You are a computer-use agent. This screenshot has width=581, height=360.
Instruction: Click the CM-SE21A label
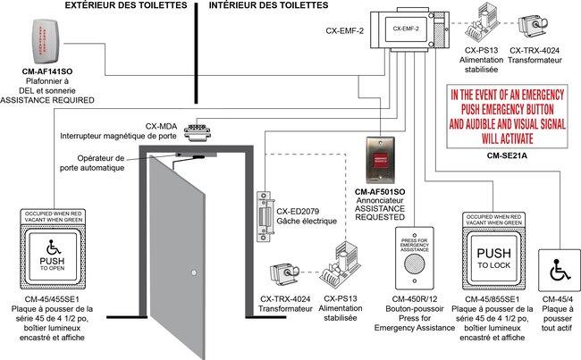505,155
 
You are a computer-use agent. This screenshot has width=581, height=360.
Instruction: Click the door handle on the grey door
191,271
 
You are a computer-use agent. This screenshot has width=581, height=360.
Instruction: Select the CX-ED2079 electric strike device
265,215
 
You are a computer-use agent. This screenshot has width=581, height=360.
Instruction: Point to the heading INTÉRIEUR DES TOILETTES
268,5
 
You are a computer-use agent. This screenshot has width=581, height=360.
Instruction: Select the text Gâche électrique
306,220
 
